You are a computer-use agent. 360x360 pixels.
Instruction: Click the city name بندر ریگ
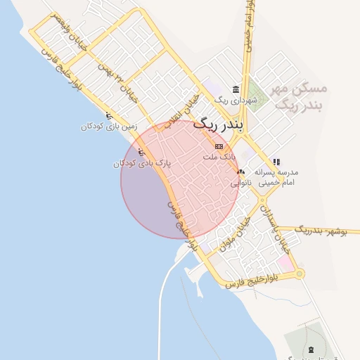217,125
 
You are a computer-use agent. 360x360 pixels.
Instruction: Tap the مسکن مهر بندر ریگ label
301,97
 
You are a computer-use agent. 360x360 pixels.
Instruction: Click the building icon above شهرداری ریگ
235,90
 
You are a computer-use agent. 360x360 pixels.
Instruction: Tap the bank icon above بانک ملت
217,146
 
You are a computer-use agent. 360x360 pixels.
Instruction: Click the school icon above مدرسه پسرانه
277,162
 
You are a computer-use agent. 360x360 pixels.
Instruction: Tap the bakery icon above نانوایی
241,172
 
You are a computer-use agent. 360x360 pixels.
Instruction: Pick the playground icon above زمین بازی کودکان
108,116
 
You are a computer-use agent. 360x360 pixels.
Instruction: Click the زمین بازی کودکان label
108,127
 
